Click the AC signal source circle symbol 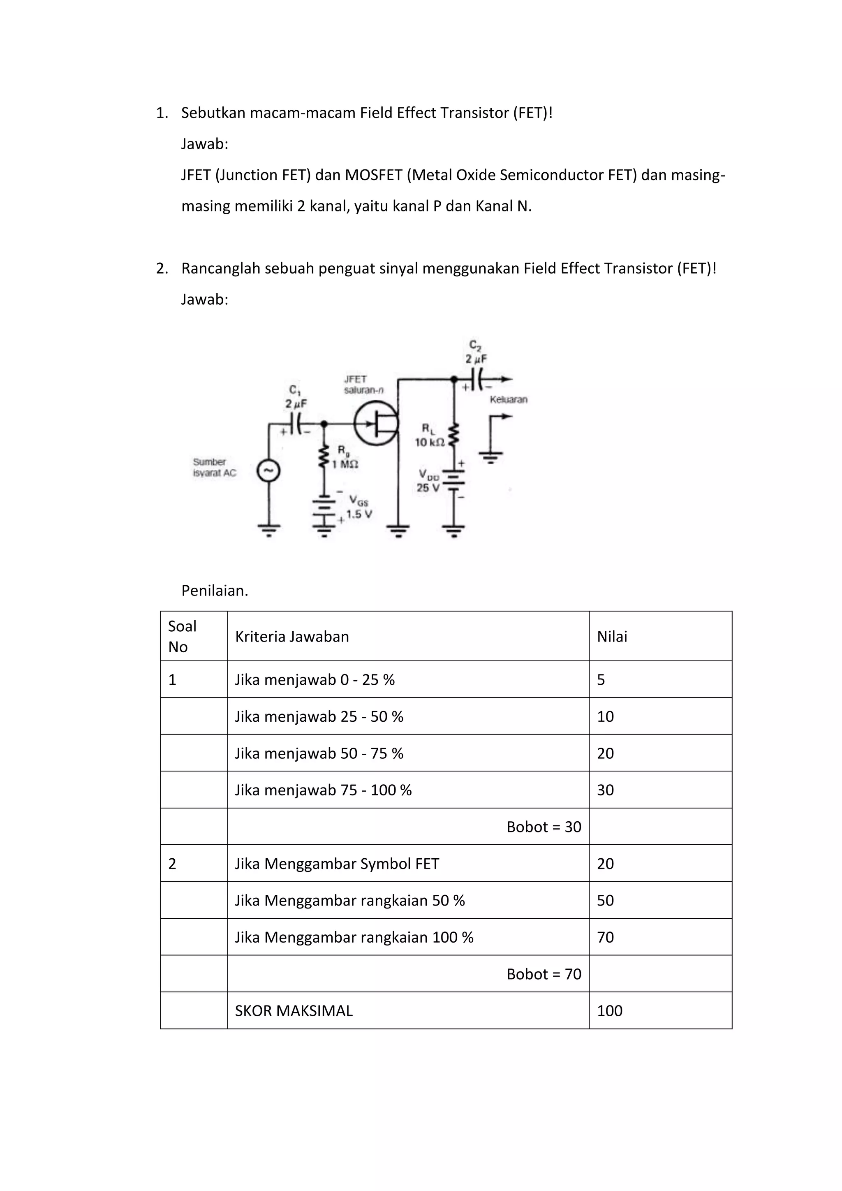[x=268, y=471]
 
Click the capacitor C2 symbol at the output [x=477, y=379]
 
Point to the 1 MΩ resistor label [x=345, y=464]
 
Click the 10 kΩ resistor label [x=429, y=443]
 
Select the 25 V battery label [x=428, y=488]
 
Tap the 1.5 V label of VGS [x=359, y=514]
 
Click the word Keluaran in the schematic [x=508, y=399]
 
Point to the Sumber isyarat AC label [x=214, y=467]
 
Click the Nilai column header [x=612, y=637]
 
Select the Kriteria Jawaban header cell [x=292, y=637]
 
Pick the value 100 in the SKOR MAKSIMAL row [x=609, y=1010]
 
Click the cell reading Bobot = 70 [x=544, y=974]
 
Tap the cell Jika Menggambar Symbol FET [x=337, y=864]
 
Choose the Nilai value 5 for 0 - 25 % [x=601, y=679]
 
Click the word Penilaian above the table [x=215, y=590]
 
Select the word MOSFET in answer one [x=373, y=175]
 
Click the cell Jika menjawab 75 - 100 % [x=323, y=790]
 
